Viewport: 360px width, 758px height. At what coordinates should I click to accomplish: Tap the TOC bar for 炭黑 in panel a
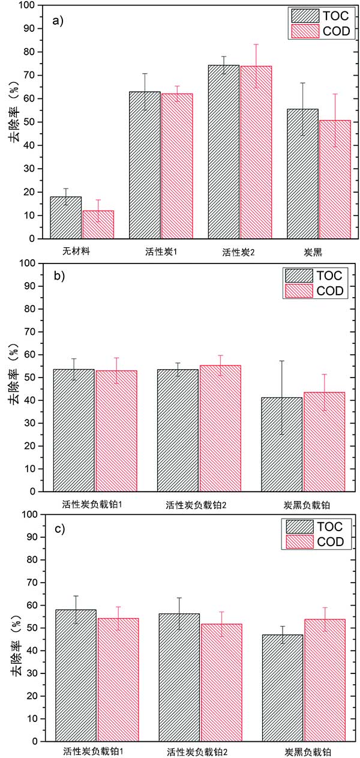tap(302, 173)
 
